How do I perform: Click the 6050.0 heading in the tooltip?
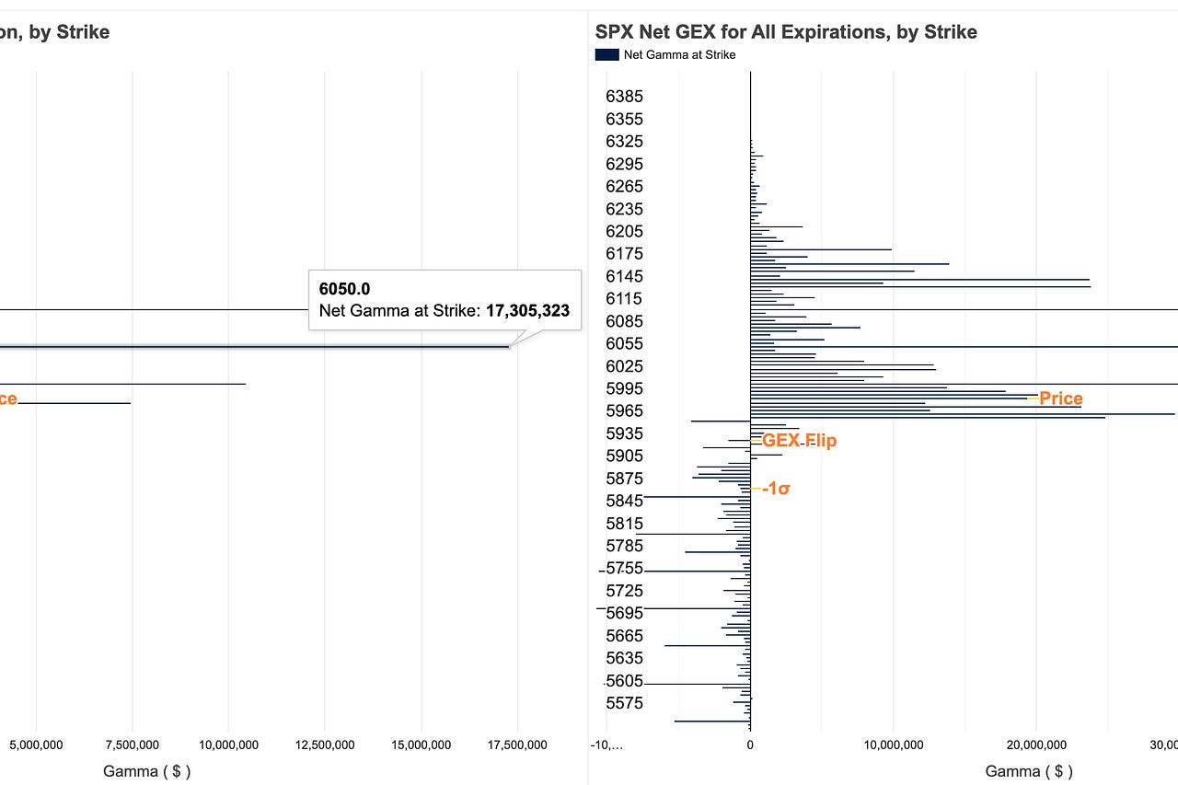344,289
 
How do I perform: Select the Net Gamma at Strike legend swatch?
606,54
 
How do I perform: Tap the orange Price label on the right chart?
1060,398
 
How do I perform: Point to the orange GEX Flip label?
799,441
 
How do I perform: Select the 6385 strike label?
624,97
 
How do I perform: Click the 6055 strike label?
624,343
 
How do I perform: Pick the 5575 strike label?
624,703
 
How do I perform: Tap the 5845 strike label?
624,501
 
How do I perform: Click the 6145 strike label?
624,276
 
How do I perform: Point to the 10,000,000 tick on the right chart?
893,745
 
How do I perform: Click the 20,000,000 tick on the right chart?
1036,745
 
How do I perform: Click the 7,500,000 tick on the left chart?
132,745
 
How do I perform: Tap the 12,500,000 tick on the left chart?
324,745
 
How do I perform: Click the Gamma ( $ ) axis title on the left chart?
146,771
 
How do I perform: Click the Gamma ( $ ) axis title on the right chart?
1029,771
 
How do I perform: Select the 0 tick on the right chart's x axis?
750,745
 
